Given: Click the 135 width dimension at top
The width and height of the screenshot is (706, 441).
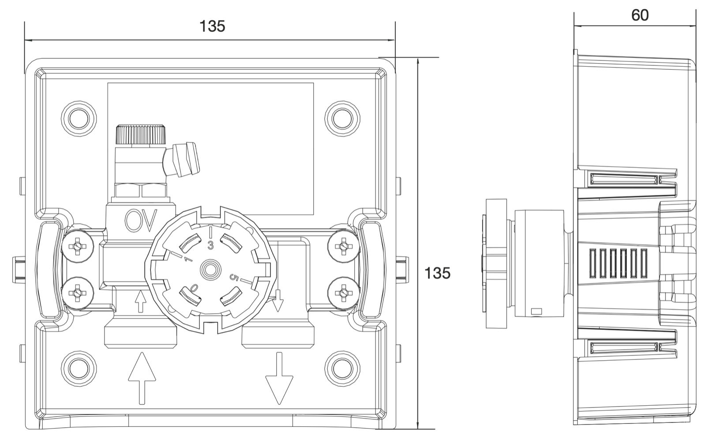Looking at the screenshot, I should point(212,27).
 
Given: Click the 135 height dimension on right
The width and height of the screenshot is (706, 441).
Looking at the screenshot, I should point(437,273).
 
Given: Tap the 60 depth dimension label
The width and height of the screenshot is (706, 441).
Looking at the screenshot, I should point(640,15).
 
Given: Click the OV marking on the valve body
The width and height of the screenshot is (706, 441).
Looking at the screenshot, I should point(141,220).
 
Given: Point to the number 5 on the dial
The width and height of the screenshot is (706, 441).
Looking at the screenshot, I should point(234,278).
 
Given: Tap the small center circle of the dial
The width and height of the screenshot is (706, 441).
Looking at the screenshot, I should point(210,269).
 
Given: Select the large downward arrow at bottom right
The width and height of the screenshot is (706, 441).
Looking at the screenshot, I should point(279,378).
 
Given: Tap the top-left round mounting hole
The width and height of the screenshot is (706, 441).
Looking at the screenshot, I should point(79,117).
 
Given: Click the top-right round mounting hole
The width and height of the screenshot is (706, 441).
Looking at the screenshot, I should point(342,117).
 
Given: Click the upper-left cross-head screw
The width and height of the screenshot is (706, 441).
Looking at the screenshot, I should point(78,245).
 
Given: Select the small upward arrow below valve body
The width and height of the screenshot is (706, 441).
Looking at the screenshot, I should point(140,302).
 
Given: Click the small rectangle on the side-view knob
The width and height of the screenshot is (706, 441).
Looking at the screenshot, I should point(537,311).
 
